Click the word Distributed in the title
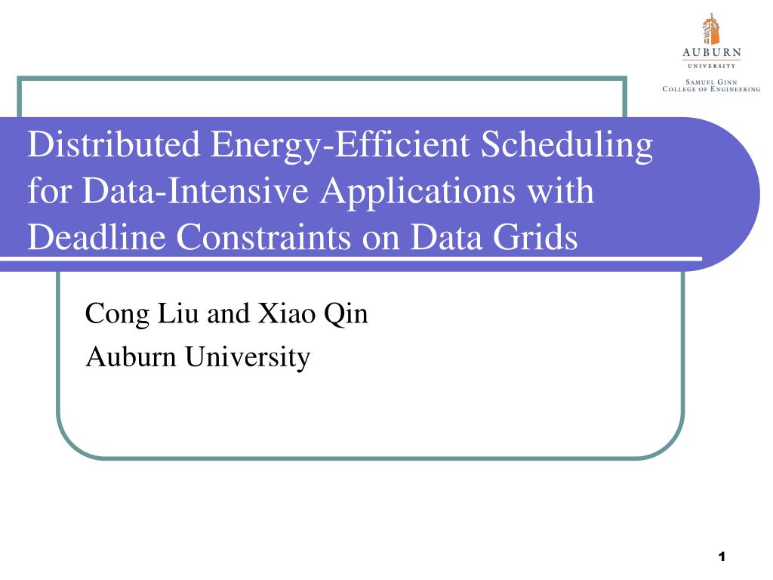(x=113, y=144)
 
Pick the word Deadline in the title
(x=97, y=236)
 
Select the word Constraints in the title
(x=263, y=236)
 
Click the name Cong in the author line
(x=117, y=314)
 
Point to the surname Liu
(x=178, y=313)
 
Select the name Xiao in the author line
(x=287, y=313)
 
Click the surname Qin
(x=346, y=314)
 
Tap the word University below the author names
(x=248, y=357)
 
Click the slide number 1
(x=722, y=557)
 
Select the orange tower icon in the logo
(x=711, y=29)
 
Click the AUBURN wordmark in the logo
(x=711, y=52)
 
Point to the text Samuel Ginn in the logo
(x=711, y=82)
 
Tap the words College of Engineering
(x=711, y=89)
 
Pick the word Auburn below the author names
(x=131, y=356)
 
